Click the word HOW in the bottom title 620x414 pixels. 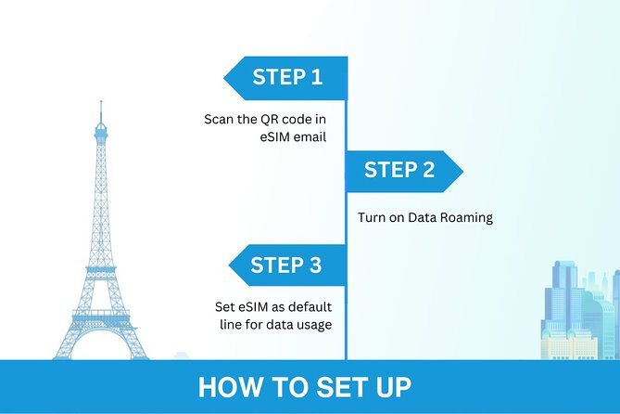pos(225,387)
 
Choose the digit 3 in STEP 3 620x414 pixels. pos(314,266)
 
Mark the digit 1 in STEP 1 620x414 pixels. pos(315,78)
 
